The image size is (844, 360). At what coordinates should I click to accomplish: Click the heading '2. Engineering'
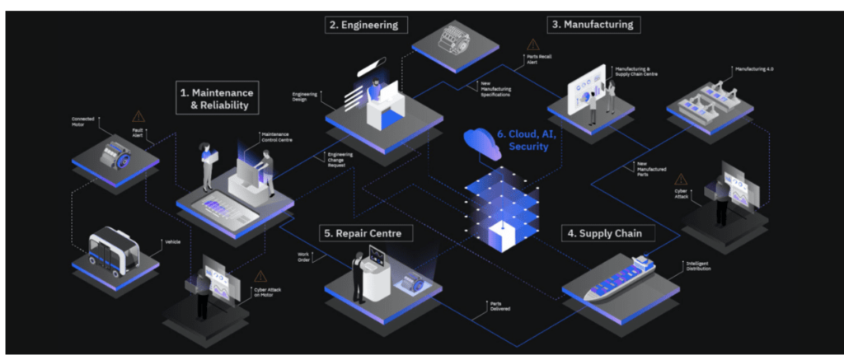[x=363, y=25]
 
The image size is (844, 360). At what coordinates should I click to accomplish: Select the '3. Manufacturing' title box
[x=593, y=24]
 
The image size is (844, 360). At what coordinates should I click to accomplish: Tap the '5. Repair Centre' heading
[x=363, y=233]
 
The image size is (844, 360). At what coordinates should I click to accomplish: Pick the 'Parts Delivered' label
[x=495, y=306]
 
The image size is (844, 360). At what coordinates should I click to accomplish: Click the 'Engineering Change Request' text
[x=340, y=159]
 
